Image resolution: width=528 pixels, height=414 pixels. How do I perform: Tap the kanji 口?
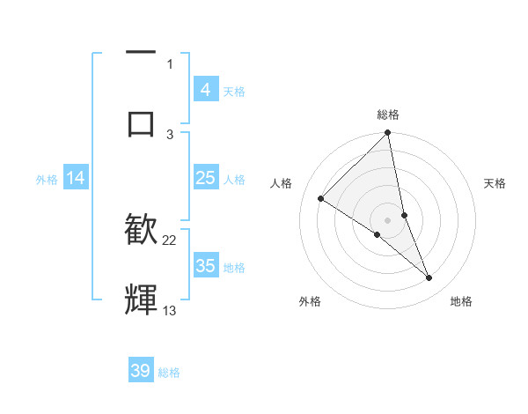coord(141,122)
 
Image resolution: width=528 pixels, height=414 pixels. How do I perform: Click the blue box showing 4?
coord(205,90)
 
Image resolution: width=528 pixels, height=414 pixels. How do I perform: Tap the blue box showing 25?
coord(205,178)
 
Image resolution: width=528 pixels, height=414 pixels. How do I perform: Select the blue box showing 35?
coord(205,266)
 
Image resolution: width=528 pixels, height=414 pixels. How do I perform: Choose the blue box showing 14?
coord(76,178)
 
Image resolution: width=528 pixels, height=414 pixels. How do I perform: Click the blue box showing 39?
coord(141,371)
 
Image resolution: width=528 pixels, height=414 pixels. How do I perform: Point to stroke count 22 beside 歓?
coord(170,240)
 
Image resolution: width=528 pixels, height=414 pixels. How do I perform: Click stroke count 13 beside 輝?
coord(170,310)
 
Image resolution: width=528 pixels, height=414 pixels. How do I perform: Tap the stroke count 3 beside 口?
coord(170,134)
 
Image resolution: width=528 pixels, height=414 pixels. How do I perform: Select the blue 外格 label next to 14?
coord(47,179)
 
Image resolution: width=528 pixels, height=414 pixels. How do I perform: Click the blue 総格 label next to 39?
coord(169,372)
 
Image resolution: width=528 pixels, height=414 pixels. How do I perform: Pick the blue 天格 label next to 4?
coord(234,91)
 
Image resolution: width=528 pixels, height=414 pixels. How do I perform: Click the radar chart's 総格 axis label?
coord(388,115)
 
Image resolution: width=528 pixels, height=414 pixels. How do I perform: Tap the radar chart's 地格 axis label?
coord(461,301)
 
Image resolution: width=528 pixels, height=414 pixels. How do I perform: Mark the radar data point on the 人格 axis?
coord(321,199)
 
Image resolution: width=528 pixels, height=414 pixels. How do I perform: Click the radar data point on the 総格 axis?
coord(388,133)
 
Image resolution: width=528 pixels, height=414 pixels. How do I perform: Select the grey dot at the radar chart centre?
coord(388,219)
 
